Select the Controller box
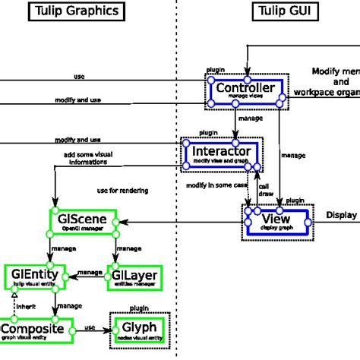tap(245, 92)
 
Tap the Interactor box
tap(221, 153)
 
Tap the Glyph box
tap(137, 329)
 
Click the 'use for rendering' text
tap(122, 190)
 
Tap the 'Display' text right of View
tap(342, 215)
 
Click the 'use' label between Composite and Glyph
tap(90, 327)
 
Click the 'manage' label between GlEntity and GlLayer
tap(89, 272)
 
